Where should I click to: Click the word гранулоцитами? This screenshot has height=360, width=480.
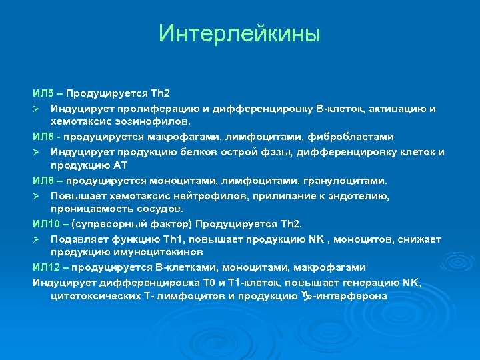pyautogui.click(x=347, y=181)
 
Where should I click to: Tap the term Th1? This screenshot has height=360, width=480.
pyautogui.click(x=160, y=239)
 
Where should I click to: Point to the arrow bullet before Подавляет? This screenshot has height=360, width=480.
pyautogui.click(x=38, y=239)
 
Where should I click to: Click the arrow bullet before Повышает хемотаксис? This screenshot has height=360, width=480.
pyautogui.click(x=38, y=195)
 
